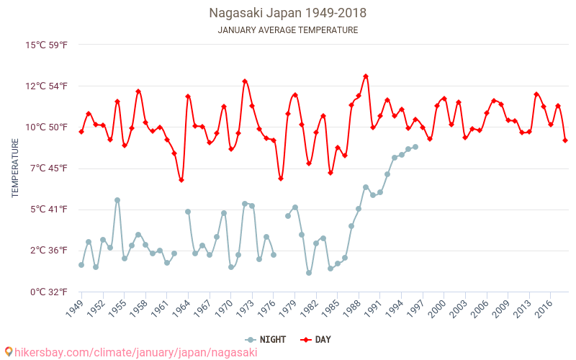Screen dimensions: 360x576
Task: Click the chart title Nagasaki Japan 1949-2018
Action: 287,13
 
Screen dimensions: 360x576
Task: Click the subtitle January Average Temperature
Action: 287,30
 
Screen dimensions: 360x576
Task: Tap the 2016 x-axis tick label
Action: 544,309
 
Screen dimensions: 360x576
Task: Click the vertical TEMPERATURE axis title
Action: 15,168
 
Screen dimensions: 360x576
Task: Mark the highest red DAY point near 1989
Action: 366,76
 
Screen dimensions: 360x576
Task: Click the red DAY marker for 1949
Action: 81,132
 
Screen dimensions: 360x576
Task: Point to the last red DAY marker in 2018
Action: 565,140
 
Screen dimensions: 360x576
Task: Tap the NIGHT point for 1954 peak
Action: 117,200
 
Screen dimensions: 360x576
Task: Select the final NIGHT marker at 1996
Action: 415,147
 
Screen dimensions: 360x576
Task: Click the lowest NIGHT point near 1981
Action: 309,273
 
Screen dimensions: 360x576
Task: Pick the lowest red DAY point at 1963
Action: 181,180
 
